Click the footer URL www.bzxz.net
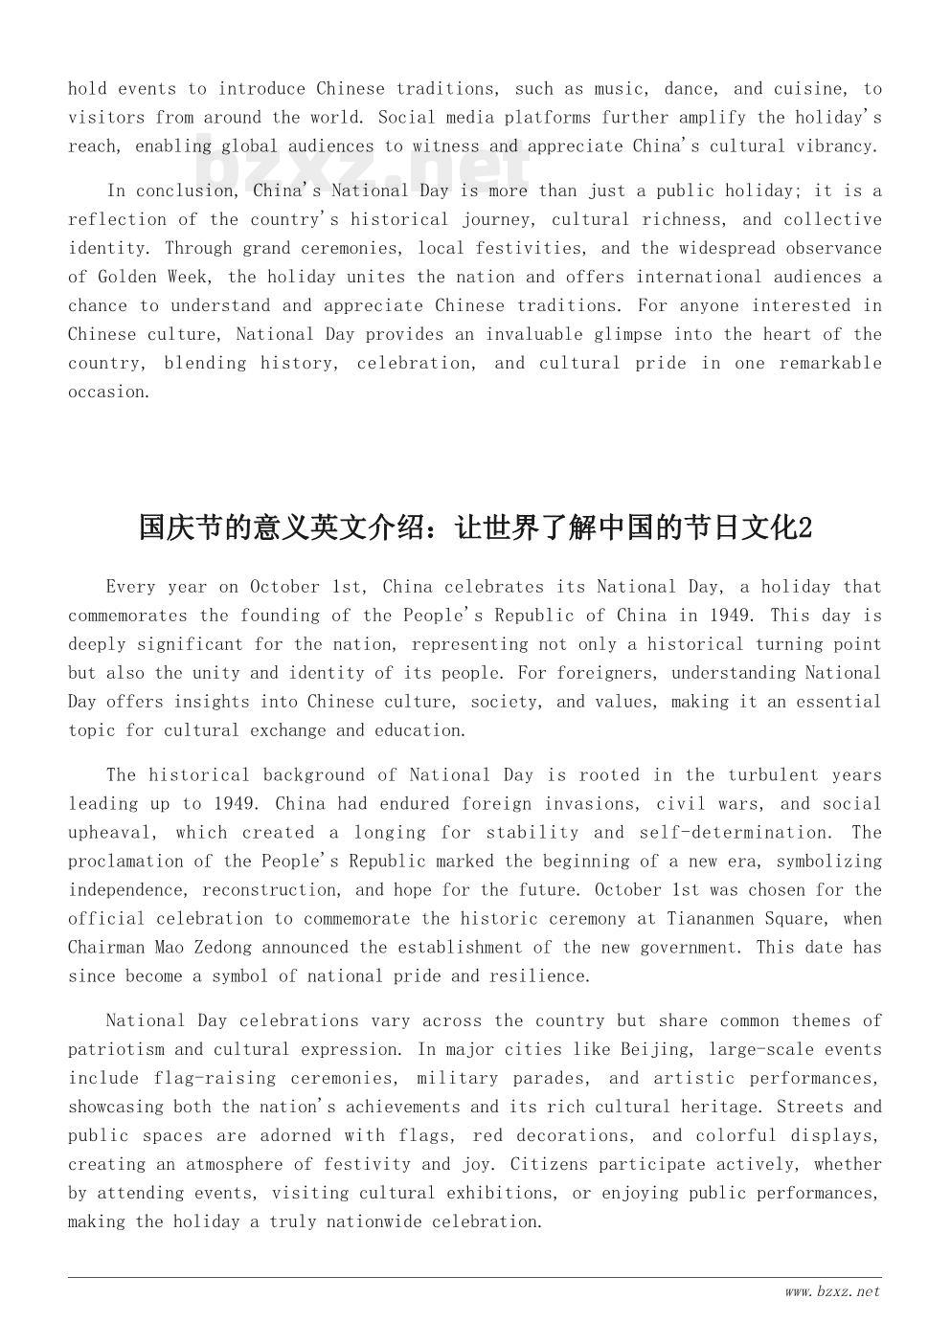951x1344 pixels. coord(831,1291)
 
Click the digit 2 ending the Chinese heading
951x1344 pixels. coord(804,527)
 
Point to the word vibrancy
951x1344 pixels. coord(839,146)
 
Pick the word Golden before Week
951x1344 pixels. coord(126,277)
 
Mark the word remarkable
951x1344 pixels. coord(829,363)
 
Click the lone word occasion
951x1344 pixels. coord(108,392)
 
